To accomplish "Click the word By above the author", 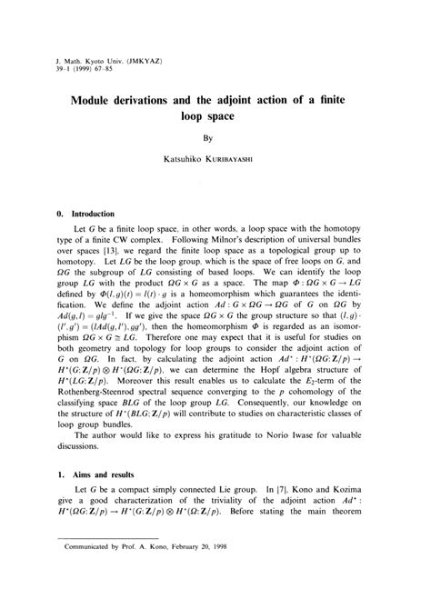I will (216, 139).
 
